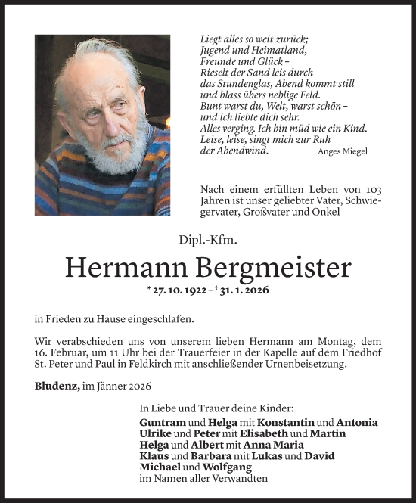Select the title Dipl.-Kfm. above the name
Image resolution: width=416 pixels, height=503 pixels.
[x=207, y=241]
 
